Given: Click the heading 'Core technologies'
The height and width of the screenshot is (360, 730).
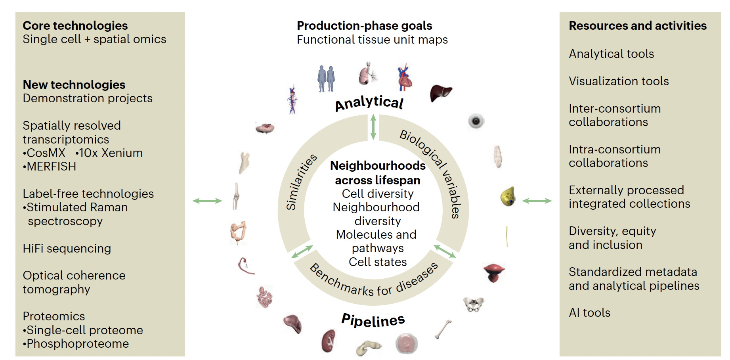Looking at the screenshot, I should tap(75, 26).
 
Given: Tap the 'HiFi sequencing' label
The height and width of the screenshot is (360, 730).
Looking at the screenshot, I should tap(67, 249).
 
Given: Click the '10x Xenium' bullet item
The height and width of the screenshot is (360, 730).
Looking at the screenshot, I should tap(111, 153).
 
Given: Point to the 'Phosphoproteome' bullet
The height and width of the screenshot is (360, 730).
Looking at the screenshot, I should tap(78, 344).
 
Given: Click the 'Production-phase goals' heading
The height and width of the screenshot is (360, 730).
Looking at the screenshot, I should tap(364, 26).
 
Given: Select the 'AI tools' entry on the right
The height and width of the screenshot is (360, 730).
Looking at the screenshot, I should tap(589, 313).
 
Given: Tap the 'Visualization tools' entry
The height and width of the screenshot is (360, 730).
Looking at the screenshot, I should tap(619, 81).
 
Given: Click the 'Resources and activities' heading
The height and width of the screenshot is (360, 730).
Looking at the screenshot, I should tap(638, 26).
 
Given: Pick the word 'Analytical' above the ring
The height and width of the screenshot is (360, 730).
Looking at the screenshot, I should tap(369, 103).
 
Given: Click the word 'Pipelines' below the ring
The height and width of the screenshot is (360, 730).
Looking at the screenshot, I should tap(373, 320).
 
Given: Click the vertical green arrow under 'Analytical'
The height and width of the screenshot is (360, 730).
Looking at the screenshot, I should tap(373, 127).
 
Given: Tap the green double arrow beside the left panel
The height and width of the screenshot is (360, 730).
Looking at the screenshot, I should tap(207, 201).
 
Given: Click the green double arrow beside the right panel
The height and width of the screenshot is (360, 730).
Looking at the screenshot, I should tap(537, 201).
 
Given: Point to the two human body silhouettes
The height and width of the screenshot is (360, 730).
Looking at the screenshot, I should tap(326, 79).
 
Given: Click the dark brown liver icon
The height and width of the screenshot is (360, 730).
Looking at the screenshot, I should tap(440, 93).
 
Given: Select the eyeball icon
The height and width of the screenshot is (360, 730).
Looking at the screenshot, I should tap(476, 121).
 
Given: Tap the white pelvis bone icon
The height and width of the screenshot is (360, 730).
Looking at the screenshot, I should tap(474, 304).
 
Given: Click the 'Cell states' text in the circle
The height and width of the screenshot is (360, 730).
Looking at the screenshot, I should tap(378, 262).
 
